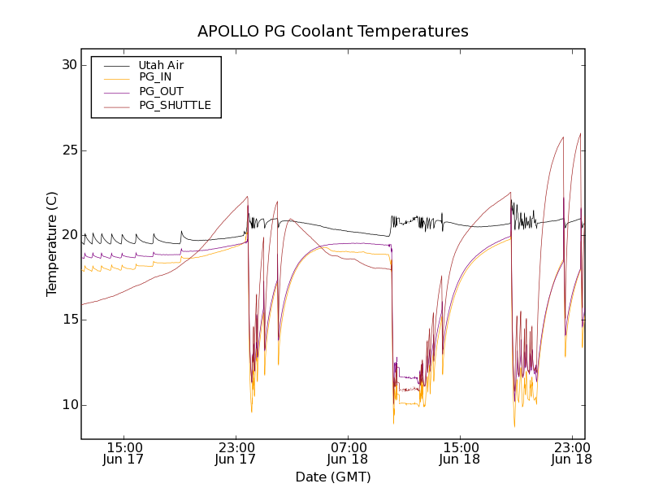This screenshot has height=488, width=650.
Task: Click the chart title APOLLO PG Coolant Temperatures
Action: (x=333, y=32)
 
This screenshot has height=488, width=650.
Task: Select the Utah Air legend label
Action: (x=161, y=65)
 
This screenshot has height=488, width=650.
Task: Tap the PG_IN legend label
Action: (x=155, y=77)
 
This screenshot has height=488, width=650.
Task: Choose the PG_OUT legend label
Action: (x=161, y=91)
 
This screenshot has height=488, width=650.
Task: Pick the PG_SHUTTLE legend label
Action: (x=175, y=105)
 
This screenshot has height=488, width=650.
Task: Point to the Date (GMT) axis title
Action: (x=333, y=477)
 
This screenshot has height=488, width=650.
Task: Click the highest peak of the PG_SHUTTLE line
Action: (x=580, y=133)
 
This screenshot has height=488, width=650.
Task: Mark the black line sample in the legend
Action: (x=115, y=65)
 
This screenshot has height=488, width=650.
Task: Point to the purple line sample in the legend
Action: (x=115, y=92)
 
